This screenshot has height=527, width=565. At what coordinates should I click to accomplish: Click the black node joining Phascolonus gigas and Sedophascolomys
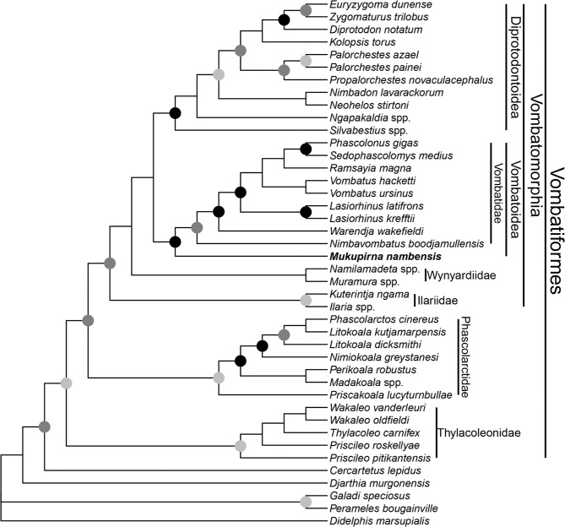point(306,149)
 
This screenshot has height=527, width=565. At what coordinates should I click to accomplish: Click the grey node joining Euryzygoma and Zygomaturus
point(306,9)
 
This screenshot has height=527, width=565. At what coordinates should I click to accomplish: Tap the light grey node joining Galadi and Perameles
point(306,503)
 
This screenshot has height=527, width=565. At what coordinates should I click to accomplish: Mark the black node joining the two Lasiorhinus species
point(306,211)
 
